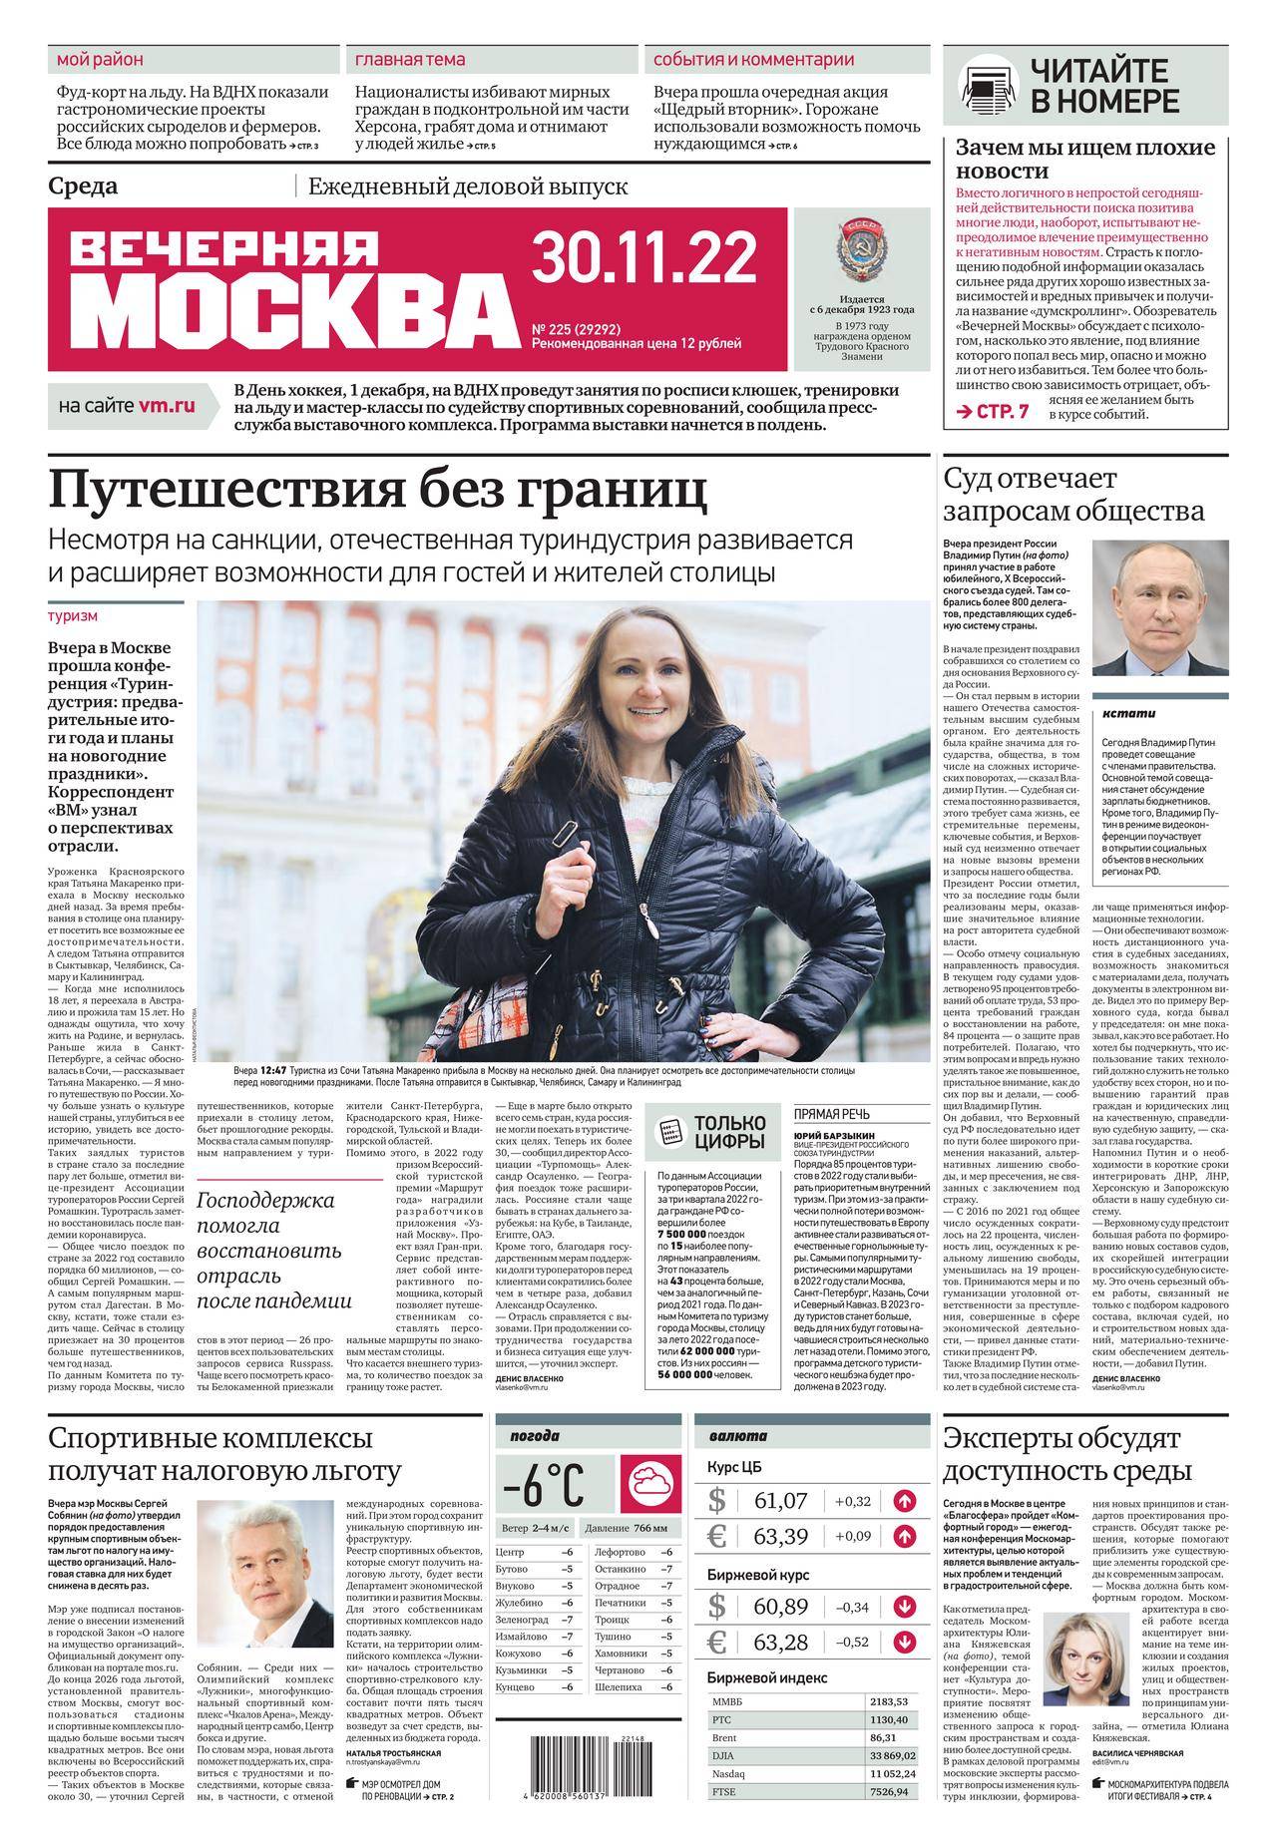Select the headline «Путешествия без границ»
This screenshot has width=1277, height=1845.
[x=379, y=490]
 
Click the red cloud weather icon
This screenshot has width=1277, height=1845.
[x=649, y=1484]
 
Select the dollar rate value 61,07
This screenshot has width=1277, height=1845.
[x=781, y=1500]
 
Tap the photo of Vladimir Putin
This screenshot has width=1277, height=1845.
[x=1160, y=608]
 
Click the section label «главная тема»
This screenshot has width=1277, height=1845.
[x=410, y=59]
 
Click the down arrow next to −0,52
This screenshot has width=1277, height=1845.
[x=905, y=1640]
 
